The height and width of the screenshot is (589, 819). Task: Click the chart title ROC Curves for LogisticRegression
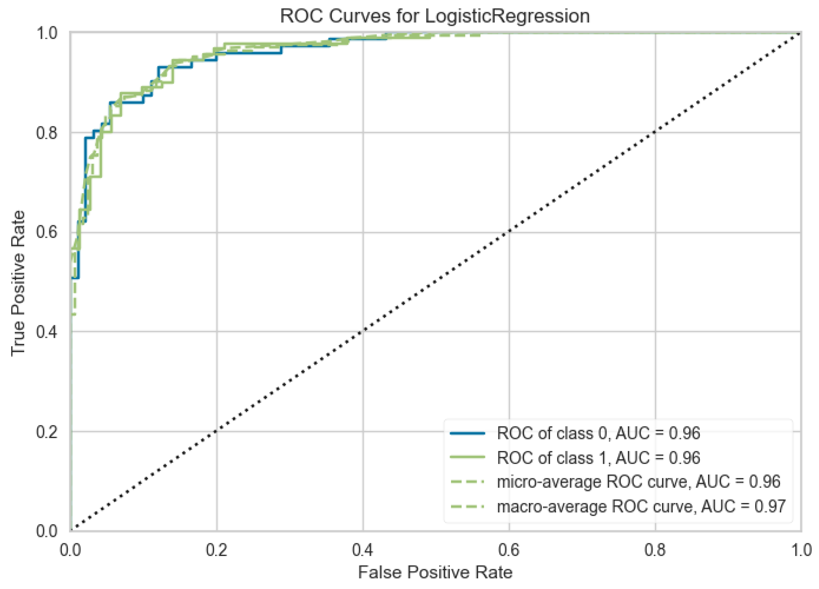[435, 16]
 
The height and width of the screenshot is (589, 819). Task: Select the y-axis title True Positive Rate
[18, 283]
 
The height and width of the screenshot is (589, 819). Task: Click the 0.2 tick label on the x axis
[217, 550]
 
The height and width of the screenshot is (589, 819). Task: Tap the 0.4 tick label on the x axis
[363, 550]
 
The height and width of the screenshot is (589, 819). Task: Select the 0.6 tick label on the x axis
[509, 550]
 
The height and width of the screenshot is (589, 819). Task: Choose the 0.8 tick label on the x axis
[655, 550]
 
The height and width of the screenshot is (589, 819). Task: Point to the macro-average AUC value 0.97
[770, 506]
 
